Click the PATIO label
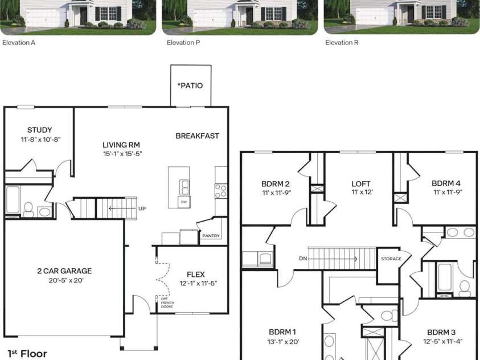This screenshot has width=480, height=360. pyautogui.click(x=191, y=86)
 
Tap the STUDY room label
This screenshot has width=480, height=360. pyautogui.click(x=40, y=130)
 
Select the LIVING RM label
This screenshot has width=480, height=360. pyautogui.click(x=121, y=145)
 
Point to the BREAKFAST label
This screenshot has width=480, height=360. pyautogui.click(x=197, y=136)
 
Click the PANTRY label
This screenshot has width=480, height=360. pyautogui.click(x=211, y=236)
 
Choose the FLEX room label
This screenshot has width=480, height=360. pyautogui.click(x=195, y=275)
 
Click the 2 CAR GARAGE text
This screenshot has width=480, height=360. pyautogui.click(x=64, y=271)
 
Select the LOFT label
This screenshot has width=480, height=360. pyautogui.click(x=361, y=183)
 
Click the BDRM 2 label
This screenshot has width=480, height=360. pyautogui.click(x=276, y=183)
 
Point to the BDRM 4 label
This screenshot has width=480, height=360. pyautogui.click(x=446, y=183)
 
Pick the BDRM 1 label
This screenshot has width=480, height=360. pyautogui.click(x=283, y=332)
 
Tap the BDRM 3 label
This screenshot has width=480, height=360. pyautogui.click(x=442, y=332)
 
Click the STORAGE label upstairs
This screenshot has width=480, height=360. pyautogui.click(x=391, y=259)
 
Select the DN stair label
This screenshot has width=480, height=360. pyautogui.click(x=303, y=259)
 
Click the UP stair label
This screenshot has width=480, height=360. pyautogui.click(x=142, y=208)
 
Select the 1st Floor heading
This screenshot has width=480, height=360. pyautogui.click(x=27, y=354)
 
